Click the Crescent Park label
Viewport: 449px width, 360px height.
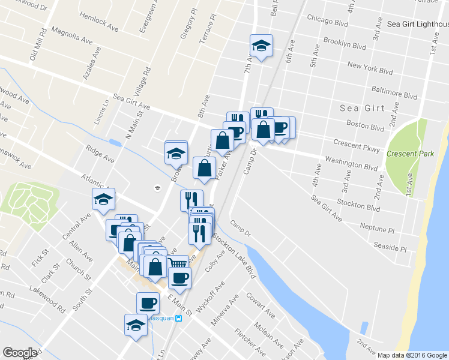pos(411,154)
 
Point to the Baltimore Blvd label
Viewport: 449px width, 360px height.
pos(394,95)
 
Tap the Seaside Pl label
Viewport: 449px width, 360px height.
pos(390,247)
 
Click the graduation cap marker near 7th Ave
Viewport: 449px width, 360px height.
pos(261,46)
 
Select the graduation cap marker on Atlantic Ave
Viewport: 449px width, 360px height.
pos(103,199)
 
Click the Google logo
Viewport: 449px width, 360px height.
pos(20,353)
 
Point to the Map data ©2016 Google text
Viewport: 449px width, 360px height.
pos(413,355)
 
